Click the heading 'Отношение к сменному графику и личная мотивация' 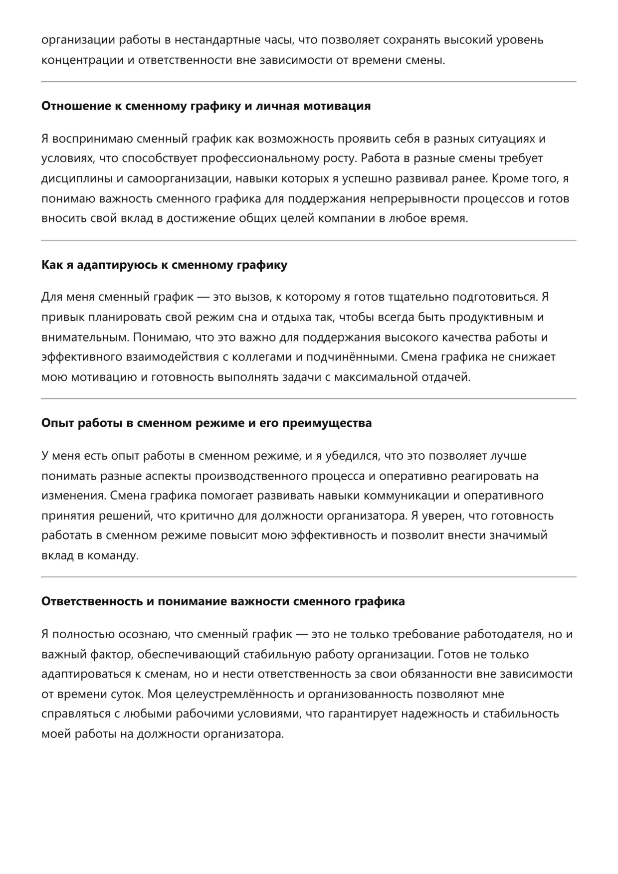point(206,106)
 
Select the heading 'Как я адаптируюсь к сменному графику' point(164,265)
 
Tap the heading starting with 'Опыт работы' point(206,423)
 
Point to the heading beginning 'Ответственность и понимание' point(223,602)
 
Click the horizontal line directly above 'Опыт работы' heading point(309,399)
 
